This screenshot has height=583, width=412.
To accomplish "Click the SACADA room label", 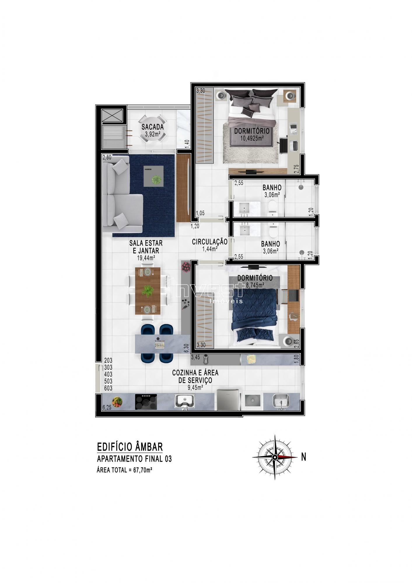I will pyautogui.click(x=152, y=127).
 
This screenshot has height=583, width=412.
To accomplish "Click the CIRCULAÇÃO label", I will pyautogui.click(x=210, y=242).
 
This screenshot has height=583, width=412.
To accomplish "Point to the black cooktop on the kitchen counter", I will pyautogui.click(x=146, y=402).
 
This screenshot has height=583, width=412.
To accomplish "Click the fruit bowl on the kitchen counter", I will pyautogui.click(x=117, y=402).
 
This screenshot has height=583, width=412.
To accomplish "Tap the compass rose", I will pyautogui.click(x=275, y=457).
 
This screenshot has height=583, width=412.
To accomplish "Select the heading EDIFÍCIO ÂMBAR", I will pyautogui.click(x=130, y=447).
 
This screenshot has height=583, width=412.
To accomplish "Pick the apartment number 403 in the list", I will pyautogui.click(x=108, y=374).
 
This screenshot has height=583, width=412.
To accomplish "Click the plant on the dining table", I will pyautogui.click(x=148, y=290).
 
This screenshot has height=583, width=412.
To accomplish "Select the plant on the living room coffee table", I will pyautogui.click(x=157, y=179).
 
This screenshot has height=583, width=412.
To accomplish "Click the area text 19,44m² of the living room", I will pyautogui.click(x=146, y=258).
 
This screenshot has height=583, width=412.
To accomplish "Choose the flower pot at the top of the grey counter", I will pyautogui.click(x=186, y=266).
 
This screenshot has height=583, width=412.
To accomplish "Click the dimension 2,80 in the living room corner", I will pyautogui.click(x=107, y=158).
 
